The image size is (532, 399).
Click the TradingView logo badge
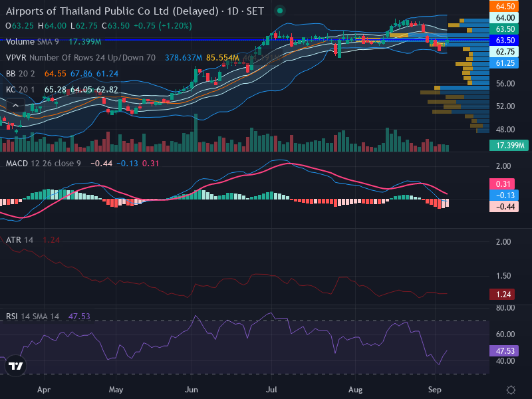(x=15, y=366)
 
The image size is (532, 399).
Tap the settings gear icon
(x=511, y=390)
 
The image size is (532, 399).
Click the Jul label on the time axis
(x=271, y=390)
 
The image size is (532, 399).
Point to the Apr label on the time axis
(x=44, y=390)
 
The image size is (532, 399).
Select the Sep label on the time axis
(x=435, y=390)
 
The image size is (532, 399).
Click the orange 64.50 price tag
(x=504, y=6)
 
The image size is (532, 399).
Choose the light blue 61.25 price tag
(x=504, y=63)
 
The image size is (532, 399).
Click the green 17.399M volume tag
(x=509, y=145)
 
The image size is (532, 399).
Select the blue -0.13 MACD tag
(x=504, y=195)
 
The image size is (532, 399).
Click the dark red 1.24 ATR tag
(x=502, y=294)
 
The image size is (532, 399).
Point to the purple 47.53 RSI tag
(x=504, y=350)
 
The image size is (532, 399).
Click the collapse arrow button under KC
(x=15, y=106)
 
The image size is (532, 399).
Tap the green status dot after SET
(x=280, y=11)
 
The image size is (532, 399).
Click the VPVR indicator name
(x=16, y=58)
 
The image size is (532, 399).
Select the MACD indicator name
(x=17, y=163)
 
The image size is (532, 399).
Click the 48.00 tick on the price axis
(x=505, y=129)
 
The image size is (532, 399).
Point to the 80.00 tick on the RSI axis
(x=505, y=308)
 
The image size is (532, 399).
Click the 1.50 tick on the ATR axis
(x=503, y=276)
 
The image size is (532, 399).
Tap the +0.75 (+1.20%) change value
(x=163, y=26)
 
